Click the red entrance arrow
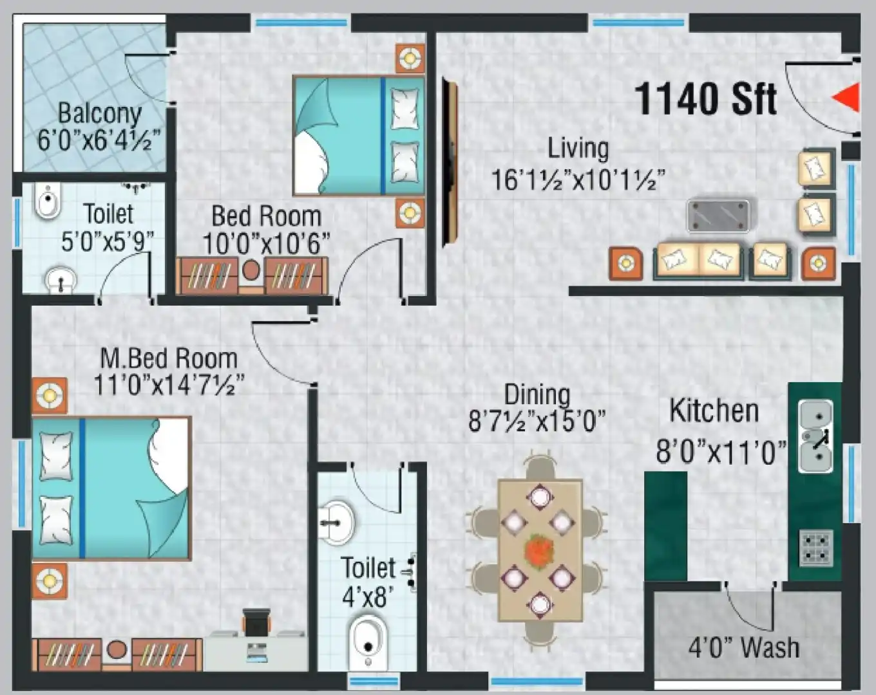tap(847, 98)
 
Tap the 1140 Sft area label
tap(706, 99)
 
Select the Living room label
tap(578, 148)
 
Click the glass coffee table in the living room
tap(718, 215)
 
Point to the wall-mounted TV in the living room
tap(450, 162)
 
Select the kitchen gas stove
tap(816, 548)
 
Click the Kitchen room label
tap(714, 411)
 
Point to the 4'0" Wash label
tap(744, 647)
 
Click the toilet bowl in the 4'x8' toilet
tap(368, 641)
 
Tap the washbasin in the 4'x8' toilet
tap(336, 522)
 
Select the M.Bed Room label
tap(169, 358)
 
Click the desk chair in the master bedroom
tap(256, 622)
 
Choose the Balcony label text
tap(100, 113)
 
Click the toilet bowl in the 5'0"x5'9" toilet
tap(48, 201)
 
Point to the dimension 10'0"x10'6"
tap(266, 244)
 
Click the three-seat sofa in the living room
tap(699, 260)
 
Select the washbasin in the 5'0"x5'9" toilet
tap(61, 281)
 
